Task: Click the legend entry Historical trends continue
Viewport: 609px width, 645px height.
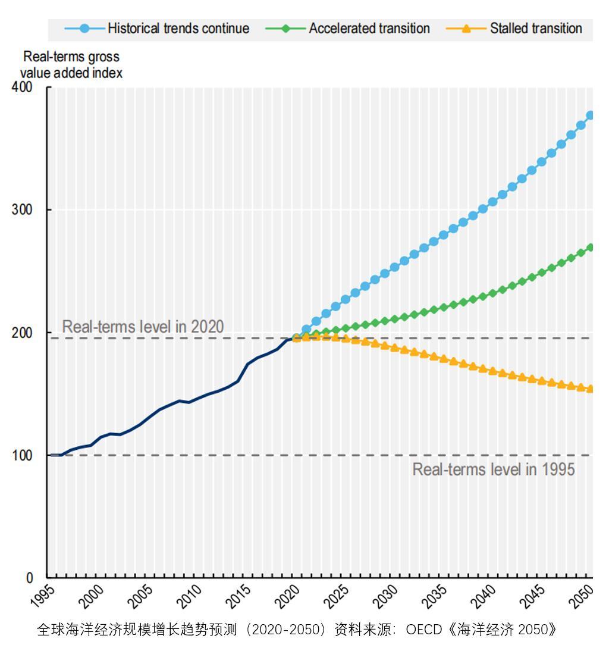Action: coord(178,29)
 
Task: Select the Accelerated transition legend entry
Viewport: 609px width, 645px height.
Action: coord(369,29)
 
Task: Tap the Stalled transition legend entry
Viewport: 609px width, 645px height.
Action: coord(535,29)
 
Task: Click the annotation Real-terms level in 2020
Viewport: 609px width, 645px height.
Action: coord(143,327)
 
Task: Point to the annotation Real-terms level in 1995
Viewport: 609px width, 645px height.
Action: coord(494,469)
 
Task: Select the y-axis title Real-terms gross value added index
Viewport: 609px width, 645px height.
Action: coord(71,65)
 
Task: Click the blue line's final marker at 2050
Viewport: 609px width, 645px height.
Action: coord(590,115)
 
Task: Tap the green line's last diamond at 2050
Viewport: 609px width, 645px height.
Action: coord(590,248)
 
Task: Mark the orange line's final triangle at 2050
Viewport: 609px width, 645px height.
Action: coord(590,389)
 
